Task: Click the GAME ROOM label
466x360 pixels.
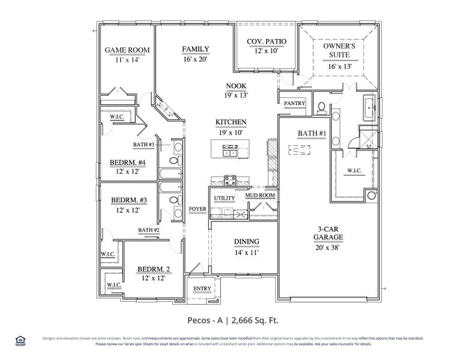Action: pyautogui.click(x=127, y=50)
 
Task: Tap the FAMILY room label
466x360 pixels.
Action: pyautogui.click(x=196, y=49)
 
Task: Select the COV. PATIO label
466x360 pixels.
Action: pyautogui.click(x=267, y=41)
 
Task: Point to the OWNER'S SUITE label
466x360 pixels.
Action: pyautogui.click(x=339, y=50)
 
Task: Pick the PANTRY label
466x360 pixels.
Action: pyautogui.click(x=294, y=103)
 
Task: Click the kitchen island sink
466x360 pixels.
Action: pyautogui.click(x=229, y=152)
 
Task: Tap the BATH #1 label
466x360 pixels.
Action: pyautogui.click(x=312, y=133)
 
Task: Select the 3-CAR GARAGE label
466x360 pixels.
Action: pyautogui.click(x=327, y=233)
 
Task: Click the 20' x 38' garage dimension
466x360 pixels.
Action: pyautogui.click(x=327, y=246)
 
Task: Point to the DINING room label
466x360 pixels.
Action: pyautogui.click(x=246, y=242)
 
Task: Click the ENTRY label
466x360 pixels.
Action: pyautogui.click(x=202, y=289)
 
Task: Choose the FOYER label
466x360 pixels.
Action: pyautogui.click(x=197, y=209)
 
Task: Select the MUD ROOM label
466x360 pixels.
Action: pyautogui.click(x=259, y=196)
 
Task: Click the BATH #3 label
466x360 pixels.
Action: pyautogui.click(x=144, y=145)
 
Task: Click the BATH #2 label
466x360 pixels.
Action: pyautogui.click(x=148, y=230)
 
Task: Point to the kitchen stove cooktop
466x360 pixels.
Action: pyautogui.click(x=229, y=178)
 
